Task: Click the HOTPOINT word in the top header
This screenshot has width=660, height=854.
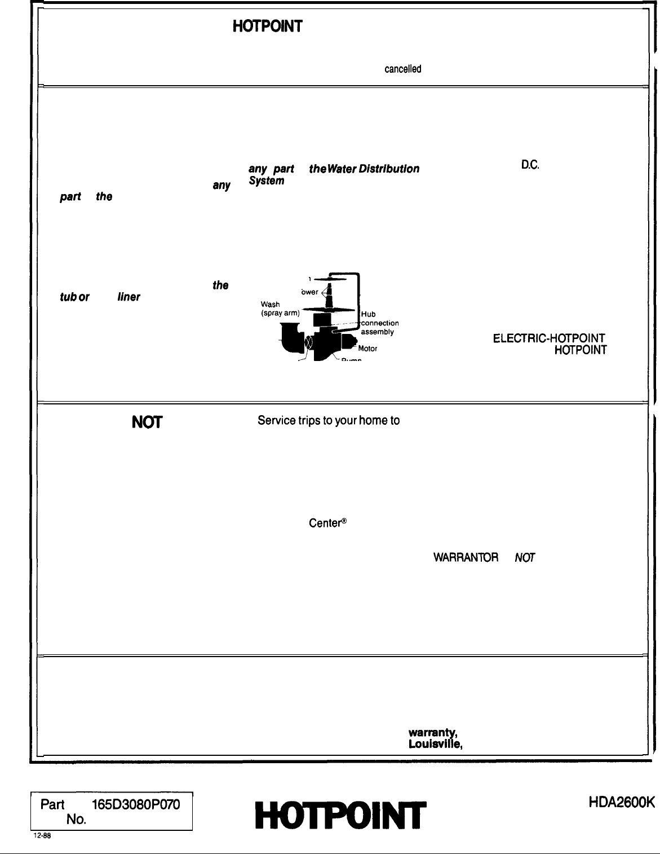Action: click(268, 26)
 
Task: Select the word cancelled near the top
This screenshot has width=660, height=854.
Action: click(402, 69)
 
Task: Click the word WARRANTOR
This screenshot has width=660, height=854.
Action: click(466, 558)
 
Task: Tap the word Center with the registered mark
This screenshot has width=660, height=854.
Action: click(327, 523)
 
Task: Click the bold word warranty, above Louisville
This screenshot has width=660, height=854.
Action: click(433, 733)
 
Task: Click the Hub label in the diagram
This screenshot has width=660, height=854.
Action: click(368, 314)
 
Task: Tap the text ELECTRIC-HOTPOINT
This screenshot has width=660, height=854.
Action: click(550, 338)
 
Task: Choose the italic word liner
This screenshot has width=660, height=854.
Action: click(129, 297)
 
